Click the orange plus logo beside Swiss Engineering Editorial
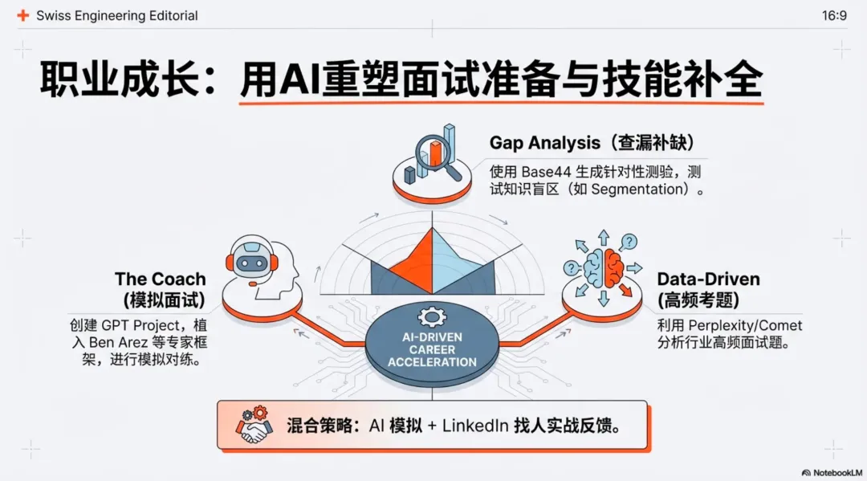22,15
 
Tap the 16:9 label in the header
834,15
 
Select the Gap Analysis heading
545,143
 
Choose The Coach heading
160,279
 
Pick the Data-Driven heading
708,279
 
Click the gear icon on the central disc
432,316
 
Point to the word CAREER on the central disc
432,350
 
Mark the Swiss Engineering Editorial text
117,15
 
